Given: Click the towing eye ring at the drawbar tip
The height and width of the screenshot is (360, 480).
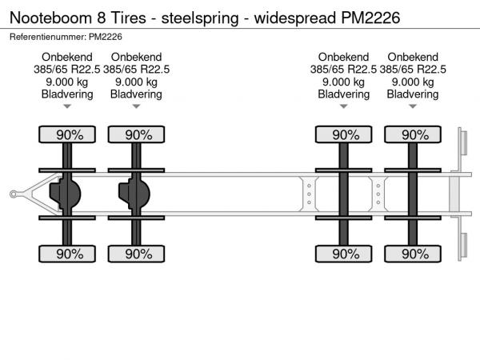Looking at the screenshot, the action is [x=13, y=194].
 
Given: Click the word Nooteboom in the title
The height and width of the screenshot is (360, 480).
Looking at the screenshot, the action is [x=51, y=18].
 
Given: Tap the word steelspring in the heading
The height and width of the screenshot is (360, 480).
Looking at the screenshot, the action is [x=200, y=18].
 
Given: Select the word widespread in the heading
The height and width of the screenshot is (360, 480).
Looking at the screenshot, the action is [x=295, y=18].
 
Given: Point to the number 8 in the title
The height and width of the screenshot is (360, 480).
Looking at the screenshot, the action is [x=102, y=18].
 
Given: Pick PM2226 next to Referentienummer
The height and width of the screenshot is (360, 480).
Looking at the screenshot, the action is [x=106, y=37].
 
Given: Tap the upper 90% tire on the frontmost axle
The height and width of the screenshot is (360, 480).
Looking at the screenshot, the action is [x=67, y=134].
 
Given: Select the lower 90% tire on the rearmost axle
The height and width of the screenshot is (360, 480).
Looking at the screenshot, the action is [x=413, y=254].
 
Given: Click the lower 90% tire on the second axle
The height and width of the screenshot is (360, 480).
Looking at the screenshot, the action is [x=136, y=254].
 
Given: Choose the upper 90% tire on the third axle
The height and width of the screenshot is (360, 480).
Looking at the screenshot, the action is [x=343, y=134].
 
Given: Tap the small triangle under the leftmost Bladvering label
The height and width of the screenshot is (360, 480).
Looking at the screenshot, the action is [x=67, y=106].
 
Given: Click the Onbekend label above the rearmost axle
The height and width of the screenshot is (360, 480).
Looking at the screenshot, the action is [x=413, y=57].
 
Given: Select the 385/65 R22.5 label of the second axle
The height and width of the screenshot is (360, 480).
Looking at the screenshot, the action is [x=136, y=70].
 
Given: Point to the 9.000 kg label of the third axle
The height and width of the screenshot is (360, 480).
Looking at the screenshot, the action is [x=343, y=82].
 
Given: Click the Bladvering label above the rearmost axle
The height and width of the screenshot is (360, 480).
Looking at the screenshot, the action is [x=413, y=94].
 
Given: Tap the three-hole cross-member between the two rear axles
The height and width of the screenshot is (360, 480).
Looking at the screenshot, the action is [x=378, y=194].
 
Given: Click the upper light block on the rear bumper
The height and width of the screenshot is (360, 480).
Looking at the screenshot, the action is [x=464, y=142].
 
